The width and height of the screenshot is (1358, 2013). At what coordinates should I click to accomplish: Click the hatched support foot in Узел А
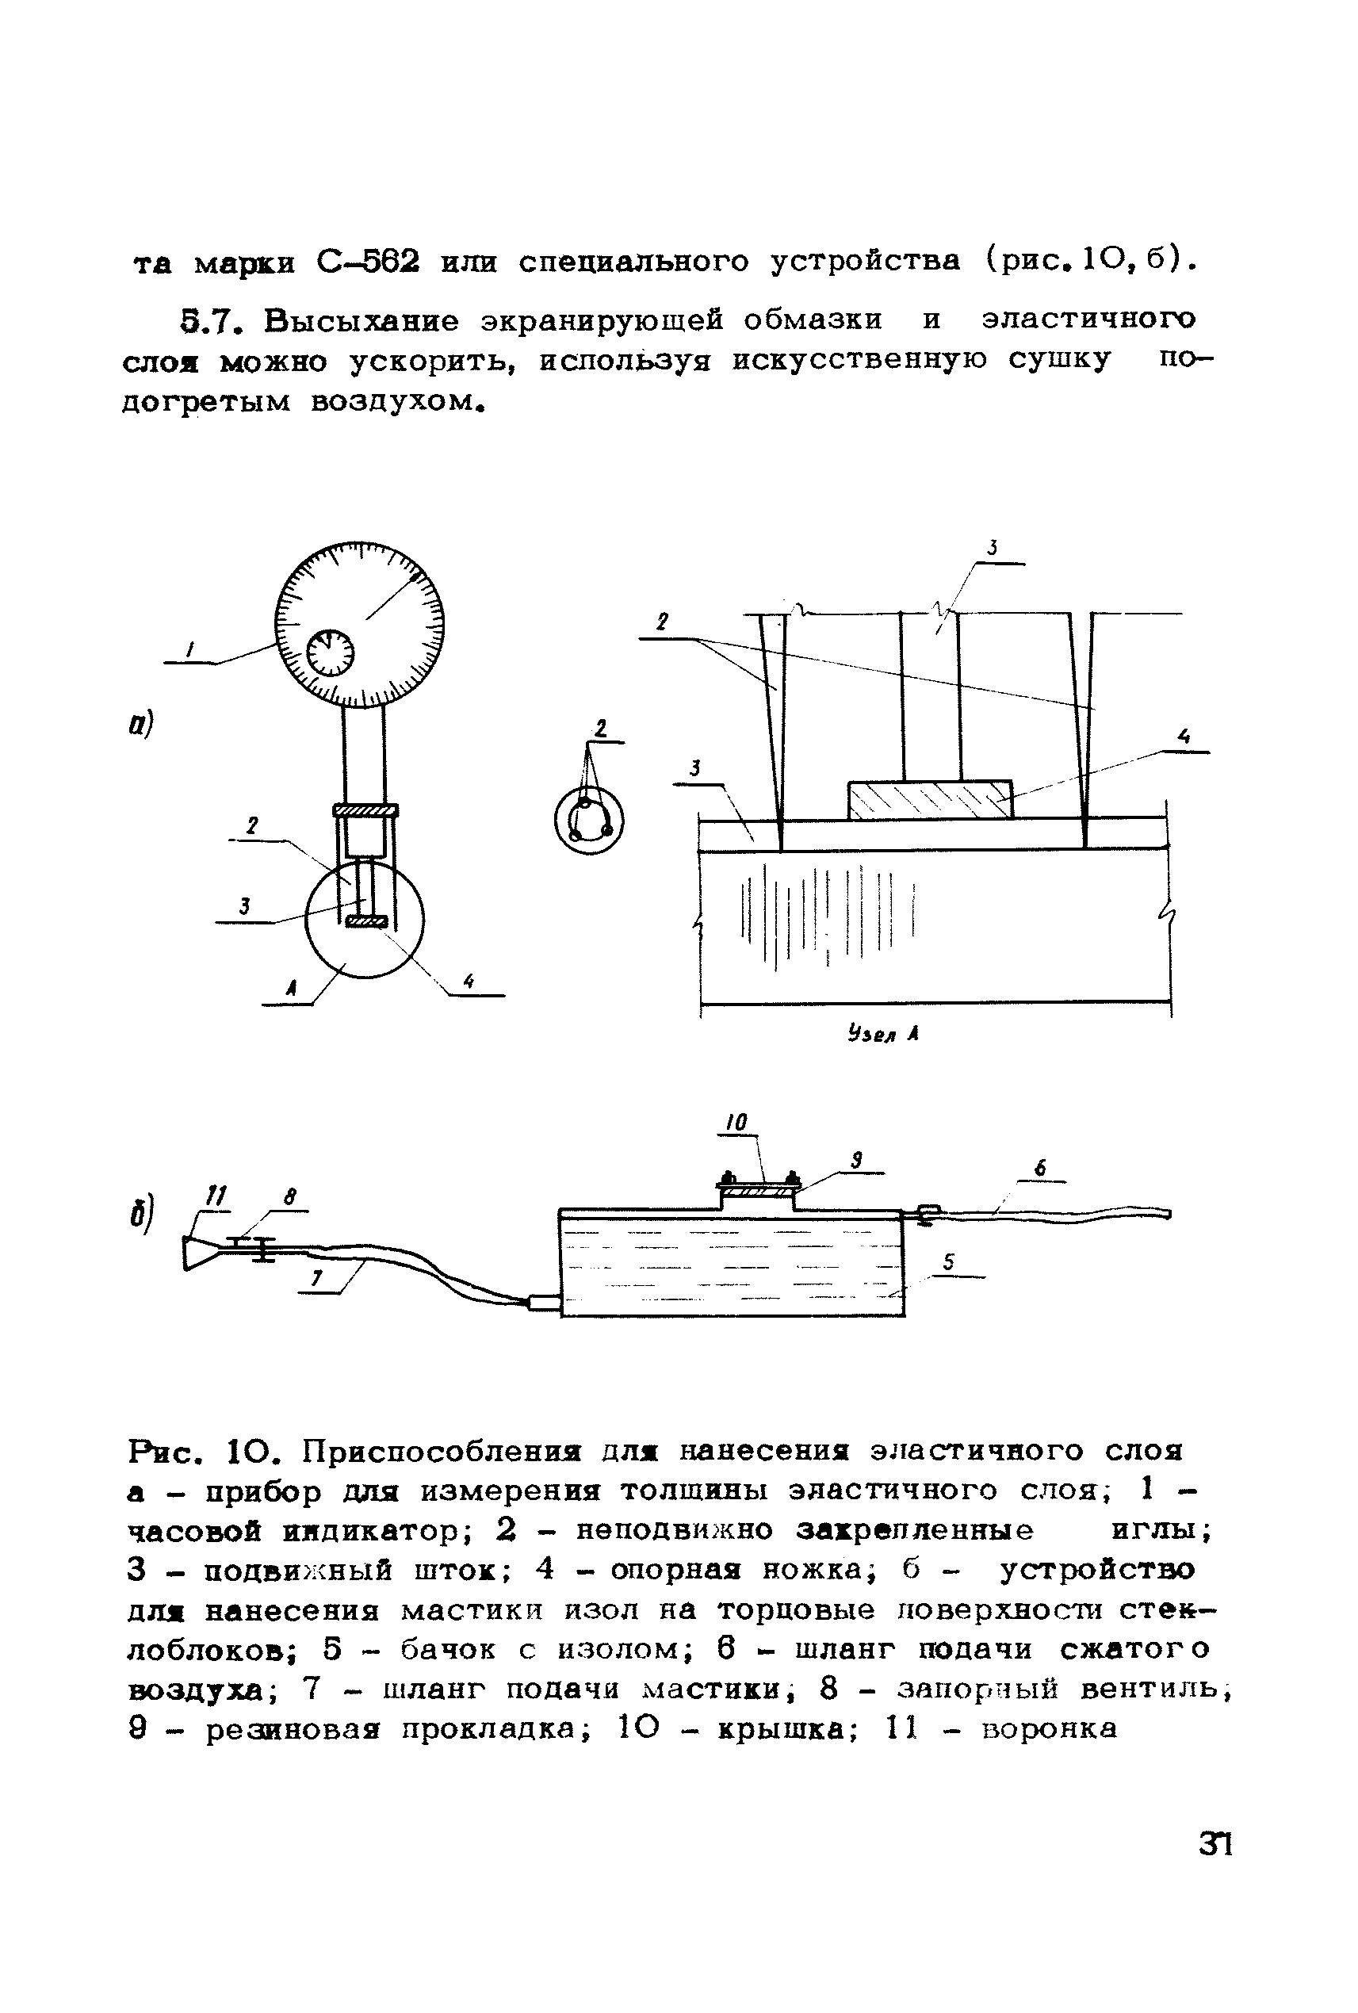tap(929, 799)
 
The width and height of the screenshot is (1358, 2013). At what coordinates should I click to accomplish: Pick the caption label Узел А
tap(882, 1033)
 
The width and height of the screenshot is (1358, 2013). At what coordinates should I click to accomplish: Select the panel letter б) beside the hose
tap(142, 1214)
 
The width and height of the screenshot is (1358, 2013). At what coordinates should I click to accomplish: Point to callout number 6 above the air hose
tap(1041, 1169)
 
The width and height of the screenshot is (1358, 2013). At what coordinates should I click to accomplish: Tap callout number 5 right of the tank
tap(948, 1263)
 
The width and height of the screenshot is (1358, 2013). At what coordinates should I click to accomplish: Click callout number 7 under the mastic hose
tap(317, 1277)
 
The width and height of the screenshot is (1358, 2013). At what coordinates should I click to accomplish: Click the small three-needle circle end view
tap(589, 820)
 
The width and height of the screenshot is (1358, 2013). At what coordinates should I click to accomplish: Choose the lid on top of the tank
tap(759, 1183)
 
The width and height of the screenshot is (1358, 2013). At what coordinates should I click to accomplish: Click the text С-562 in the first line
tap(368, 261)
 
